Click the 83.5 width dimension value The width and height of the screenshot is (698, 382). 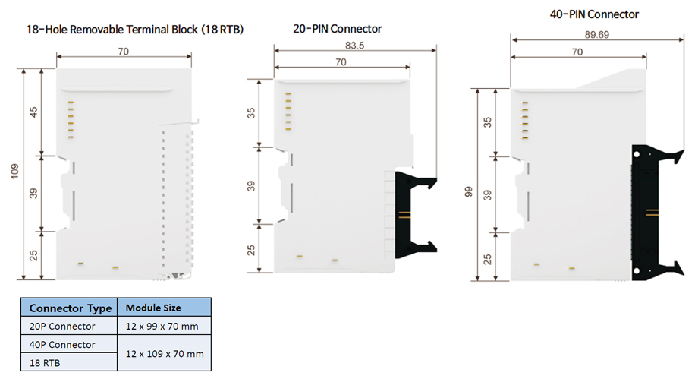pos(354,46)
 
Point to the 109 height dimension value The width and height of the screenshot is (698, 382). pos(15,172)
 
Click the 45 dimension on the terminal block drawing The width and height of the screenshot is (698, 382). pos(33,112)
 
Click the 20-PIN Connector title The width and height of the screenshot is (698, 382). pos(337,29)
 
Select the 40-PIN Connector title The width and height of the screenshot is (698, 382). pos(594,14)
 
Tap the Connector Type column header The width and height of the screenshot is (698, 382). pos(71,308)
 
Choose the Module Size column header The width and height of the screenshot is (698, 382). pos(152,308)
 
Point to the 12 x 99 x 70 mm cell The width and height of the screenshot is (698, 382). pos(163,327)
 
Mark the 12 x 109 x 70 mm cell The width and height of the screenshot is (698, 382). pos(163,354)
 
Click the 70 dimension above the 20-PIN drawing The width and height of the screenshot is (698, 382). pos(341,62)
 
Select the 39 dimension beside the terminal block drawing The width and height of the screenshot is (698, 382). pos(33,193)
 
